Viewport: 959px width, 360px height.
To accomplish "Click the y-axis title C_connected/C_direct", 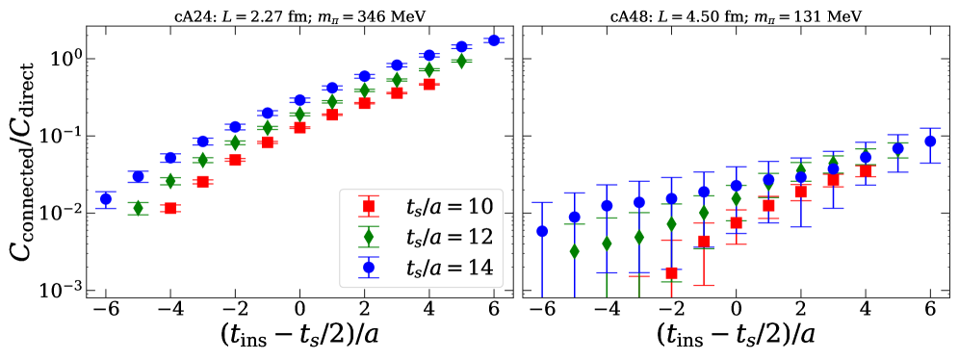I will [x=24, y=154].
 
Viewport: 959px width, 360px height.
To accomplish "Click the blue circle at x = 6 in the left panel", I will [x=494, y=40].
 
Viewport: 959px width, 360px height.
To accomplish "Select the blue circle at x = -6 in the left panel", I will [x=106, y=199].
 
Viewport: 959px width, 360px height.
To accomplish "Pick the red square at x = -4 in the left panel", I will [x=170, y=208].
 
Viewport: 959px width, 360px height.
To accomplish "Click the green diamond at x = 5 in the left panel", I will [x=461, y=61].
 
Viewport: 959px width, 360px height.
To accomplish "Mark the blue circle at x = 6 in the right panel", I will [x=930, y=141].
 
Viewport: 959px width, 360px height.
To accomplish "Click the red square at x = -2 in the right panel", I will [x=672, y=273].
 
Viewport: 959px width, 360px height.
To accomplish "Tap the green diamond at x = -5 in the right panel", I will [x=575, y=251].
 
